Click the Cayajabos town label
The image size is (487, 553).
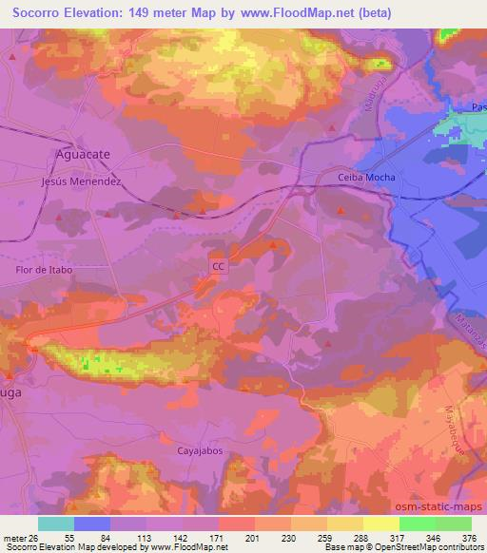pos(201,451)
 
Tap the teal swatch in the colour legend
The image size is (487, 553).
pos(56,524)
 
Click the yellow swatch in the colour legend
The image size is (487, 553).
pos(381,524)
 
